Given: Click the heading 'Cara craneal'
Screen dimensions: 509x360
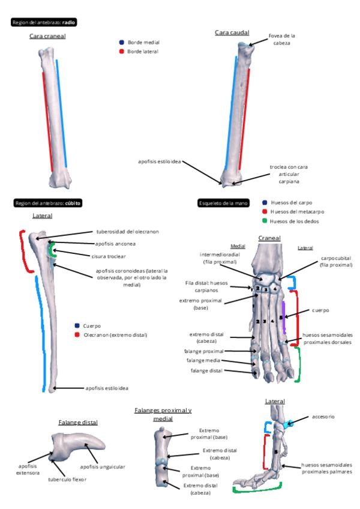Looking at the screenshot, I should (47, 36).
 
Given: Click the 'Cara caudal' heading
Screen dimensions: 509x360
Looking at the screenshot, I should (232, 32).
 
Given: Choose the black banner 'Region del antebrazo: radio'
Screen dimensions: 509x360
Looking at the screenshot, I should (44, 22).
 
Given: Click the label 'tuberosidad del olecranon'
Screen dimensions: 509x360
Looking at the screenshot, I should (128, 231).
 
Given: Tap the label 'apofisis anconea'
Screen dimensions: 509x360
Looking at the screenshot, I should (115, 244).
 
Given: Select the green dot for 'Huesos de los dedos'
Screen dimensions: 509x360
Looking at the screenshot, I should (265, 221).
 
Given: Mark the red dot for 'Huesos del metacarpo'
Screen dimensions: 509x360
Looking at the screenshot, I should (265, 212).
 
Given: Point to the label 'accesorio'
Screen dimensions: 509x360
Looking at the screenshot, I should (323, 416).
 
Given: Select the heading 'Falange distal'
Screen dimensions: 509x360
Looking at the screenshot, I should (78, 423).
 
